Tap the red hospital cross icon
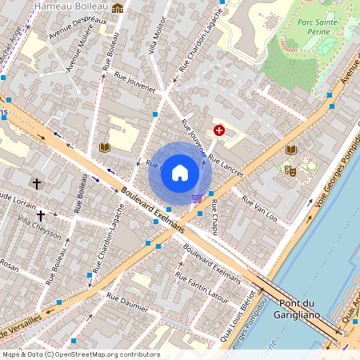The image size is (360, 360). coord(219,130)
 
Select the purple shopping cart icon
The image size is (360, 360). coord(196,198)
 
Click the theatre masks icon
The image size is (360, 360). coord(289,169)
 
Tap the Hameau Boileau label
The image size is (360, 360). coord(71,6)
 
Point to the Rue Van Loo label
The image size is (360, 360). coord(259,210)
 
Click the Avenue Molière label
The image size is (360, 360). coord(82,49)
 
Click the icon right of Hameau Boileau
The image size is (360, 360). coord(118,8)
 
